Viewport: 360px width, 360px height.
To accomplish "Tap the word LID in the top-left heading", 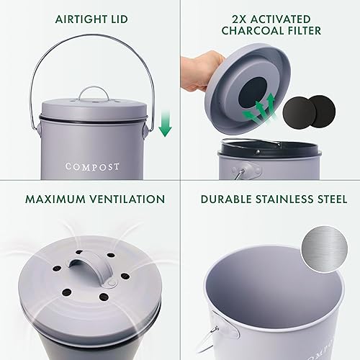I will (x=121, y=19).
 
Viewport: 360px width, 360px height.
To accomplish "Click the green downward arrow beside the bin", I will (x=166, y=122).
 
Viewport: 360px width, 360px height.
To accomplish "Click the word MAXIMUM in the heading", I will (x=55, y=198).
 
